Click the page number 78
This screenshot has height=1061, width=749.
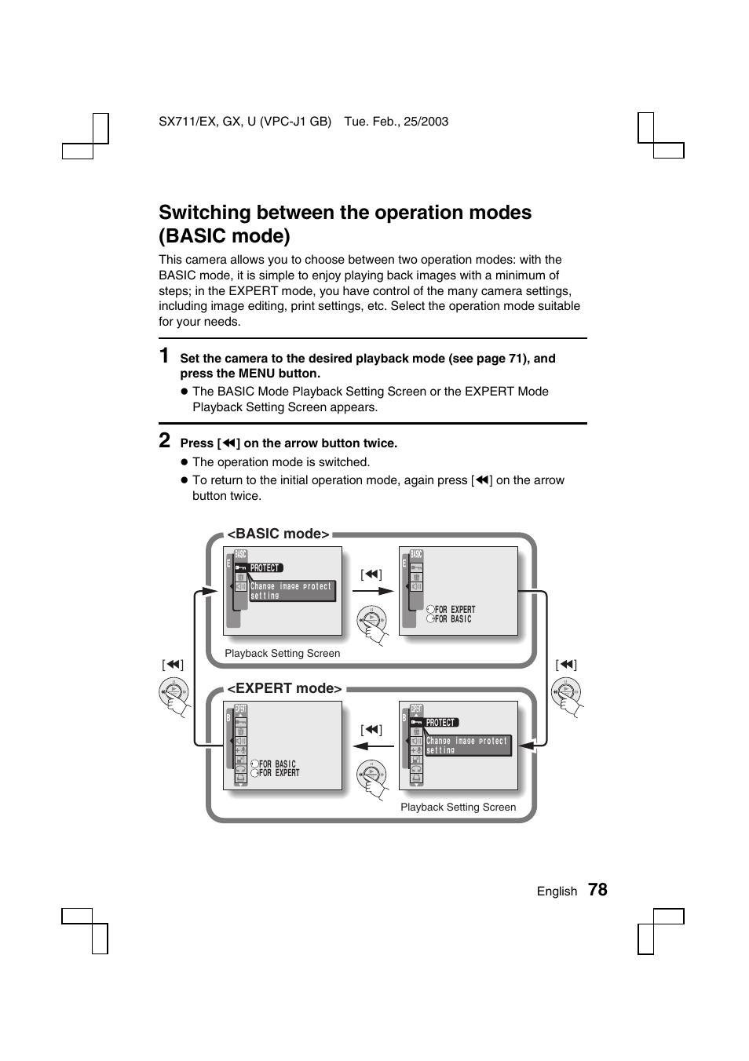click(597, 889)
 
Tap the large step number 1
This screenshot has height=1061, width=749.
click(164, 356)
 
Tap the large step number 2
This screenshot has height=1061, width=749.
click(165, 440)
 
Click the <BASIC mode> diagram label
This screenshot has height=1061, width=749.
click(279, 534)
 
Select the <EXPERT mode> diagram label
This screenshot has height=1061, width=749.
click(285, 688)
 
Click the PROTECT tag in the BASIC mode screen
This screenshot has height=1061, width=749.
click(265, 568)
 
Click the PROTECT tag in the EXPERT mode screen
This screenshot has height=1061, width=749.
click(441, 723)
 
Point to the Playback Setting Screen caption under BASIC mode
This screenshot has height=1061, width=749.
click(283, 653)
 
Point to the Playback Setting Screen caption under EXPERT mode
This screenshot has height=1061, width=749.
click(459, 807)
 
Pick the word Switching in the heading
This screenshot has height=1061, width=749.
click(205, 213)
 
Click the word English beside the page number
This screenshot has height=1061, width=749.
click(557, 891)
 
